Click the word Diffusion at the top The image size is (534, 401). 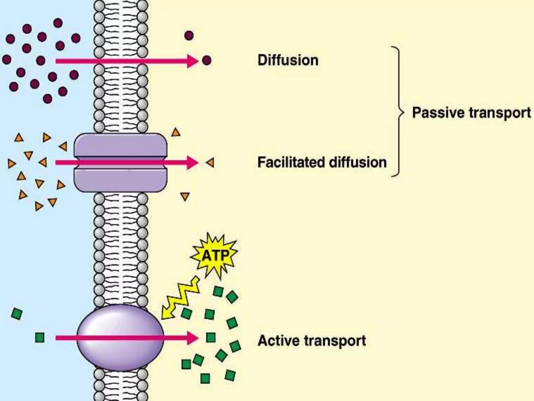tap(288, 60)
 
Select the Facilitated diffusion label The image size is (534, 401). tap(322, 162)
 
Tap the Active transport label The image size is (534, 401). tap(312, 341)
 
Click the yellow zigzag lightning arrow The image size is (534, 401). tap(180, 299)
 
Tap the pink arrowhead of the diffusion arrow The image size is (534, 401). tap(192, 61)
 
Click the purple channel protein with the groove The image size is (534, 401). tap(120, 163)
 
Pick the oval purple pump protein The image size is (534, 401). tap(120, 338)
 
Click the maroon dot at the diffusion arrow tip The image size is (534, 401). tap(207, 60)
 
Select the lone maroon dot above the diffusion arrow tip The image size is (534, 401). tap(189, 35)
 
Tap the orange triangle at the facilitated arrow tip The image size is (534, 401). tap(210, 163)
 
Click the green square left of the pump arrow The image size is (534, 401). tap(40, 337)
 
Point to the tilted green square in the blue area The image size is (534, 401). tap(17, 314)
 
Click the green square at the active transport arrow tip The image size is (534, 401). tap(211, 337)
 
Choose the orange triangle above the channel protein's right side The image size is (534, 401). tap(176, 133)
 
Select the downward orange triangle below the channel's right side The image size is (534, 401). tap(185, 196)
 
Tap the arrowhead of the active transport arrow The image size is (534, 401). tap(192, 338)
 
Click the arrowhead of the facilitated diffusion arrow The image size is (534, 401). tap(192, 163)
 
